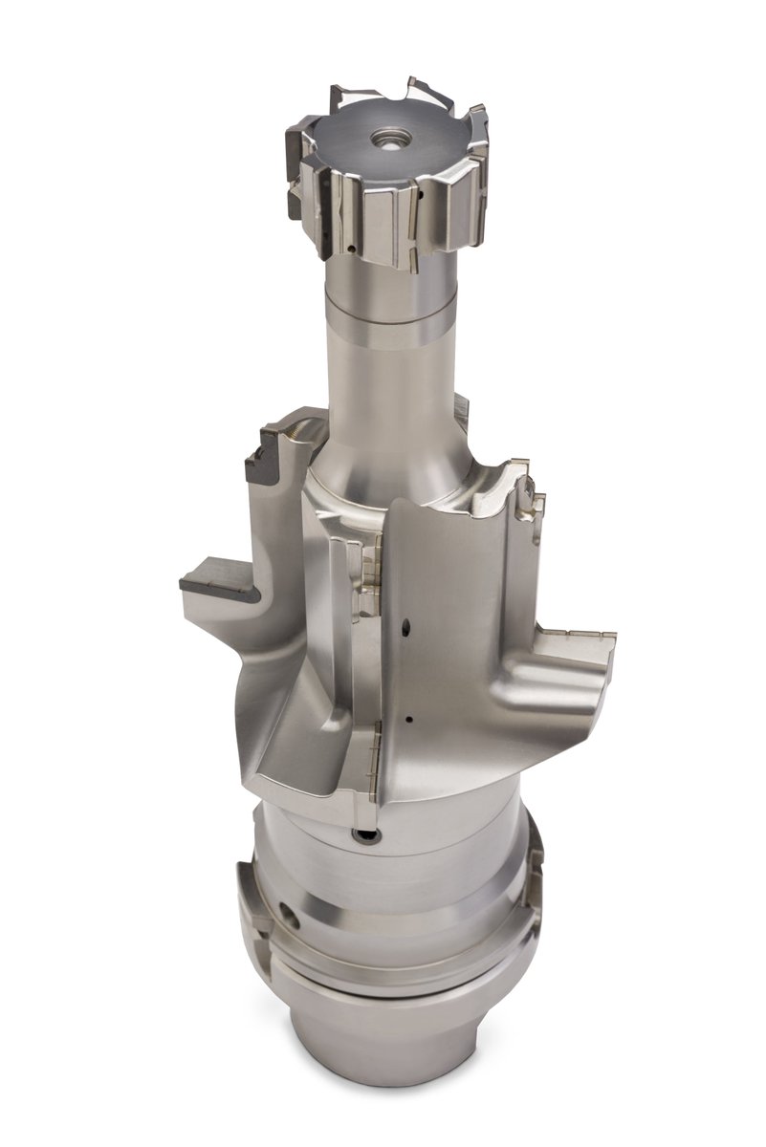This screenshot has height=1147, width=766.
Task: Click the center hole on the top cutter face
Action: pos(387,138)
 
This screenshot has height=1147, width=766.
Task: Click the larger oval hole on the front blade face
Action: pos(405,628)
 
